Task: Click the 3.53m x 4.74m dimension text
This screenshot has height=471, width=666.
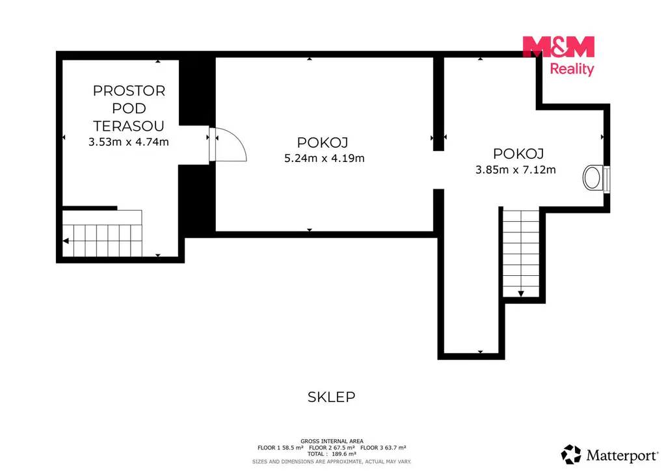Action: [129, 142]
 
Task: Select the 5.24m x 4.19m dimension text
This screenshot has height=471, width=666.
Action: [325, 159]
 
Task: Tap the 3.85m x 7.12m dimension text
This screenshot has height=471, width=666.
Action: [516, 170]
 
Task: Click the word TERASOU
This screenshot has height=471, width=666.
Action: [129, 126]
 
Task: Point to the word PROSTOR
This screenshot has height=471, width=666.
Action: [129, 91]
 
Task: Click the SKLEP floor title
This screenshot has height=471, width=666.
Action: [331, 397]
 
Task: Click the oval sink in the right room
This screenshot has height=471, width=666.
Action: [592, 178]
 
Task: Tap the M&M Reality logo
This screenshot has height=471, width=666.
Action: [558, 56]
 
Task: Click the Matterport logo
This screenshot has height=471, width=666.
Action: [609, 455]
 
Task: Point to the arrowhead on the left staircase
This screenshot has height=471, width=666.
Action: [66, 241]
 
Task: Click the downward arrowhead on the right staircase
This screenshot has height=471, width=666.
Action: [521, 293]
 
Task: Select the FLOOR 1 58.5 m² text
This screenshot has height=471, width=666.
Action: [280, 448]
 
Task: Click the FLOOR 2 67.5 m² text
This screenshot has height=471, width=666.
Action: [332, 448]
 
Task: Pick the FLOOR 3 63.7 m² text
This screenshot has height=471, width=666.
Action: [383, 448]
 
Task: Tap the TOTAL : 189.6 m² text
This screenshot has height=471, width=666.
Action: [332, 454]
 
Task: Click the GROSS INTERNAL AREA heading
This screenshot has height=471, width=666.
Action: [332, 441]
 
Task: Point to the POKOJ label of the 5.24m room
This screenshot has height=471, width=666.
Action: [323, 142]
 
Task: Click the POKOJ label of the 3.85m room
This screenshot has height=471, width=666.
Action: [518, 154]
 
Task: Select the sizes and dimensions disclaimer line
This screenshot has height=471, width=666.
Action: [332, 462]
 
